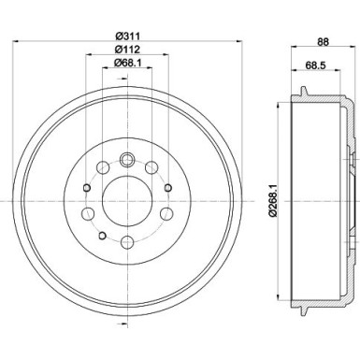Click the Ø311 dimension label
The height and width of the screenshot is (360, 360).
(125, 37)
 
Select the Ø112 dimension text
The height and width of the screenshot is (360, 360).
(125, 50)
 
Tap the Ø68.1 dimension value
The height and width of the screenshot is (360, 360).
(125, 64)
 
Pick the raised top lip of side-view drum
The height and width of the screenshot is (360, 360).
(305, 90)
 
